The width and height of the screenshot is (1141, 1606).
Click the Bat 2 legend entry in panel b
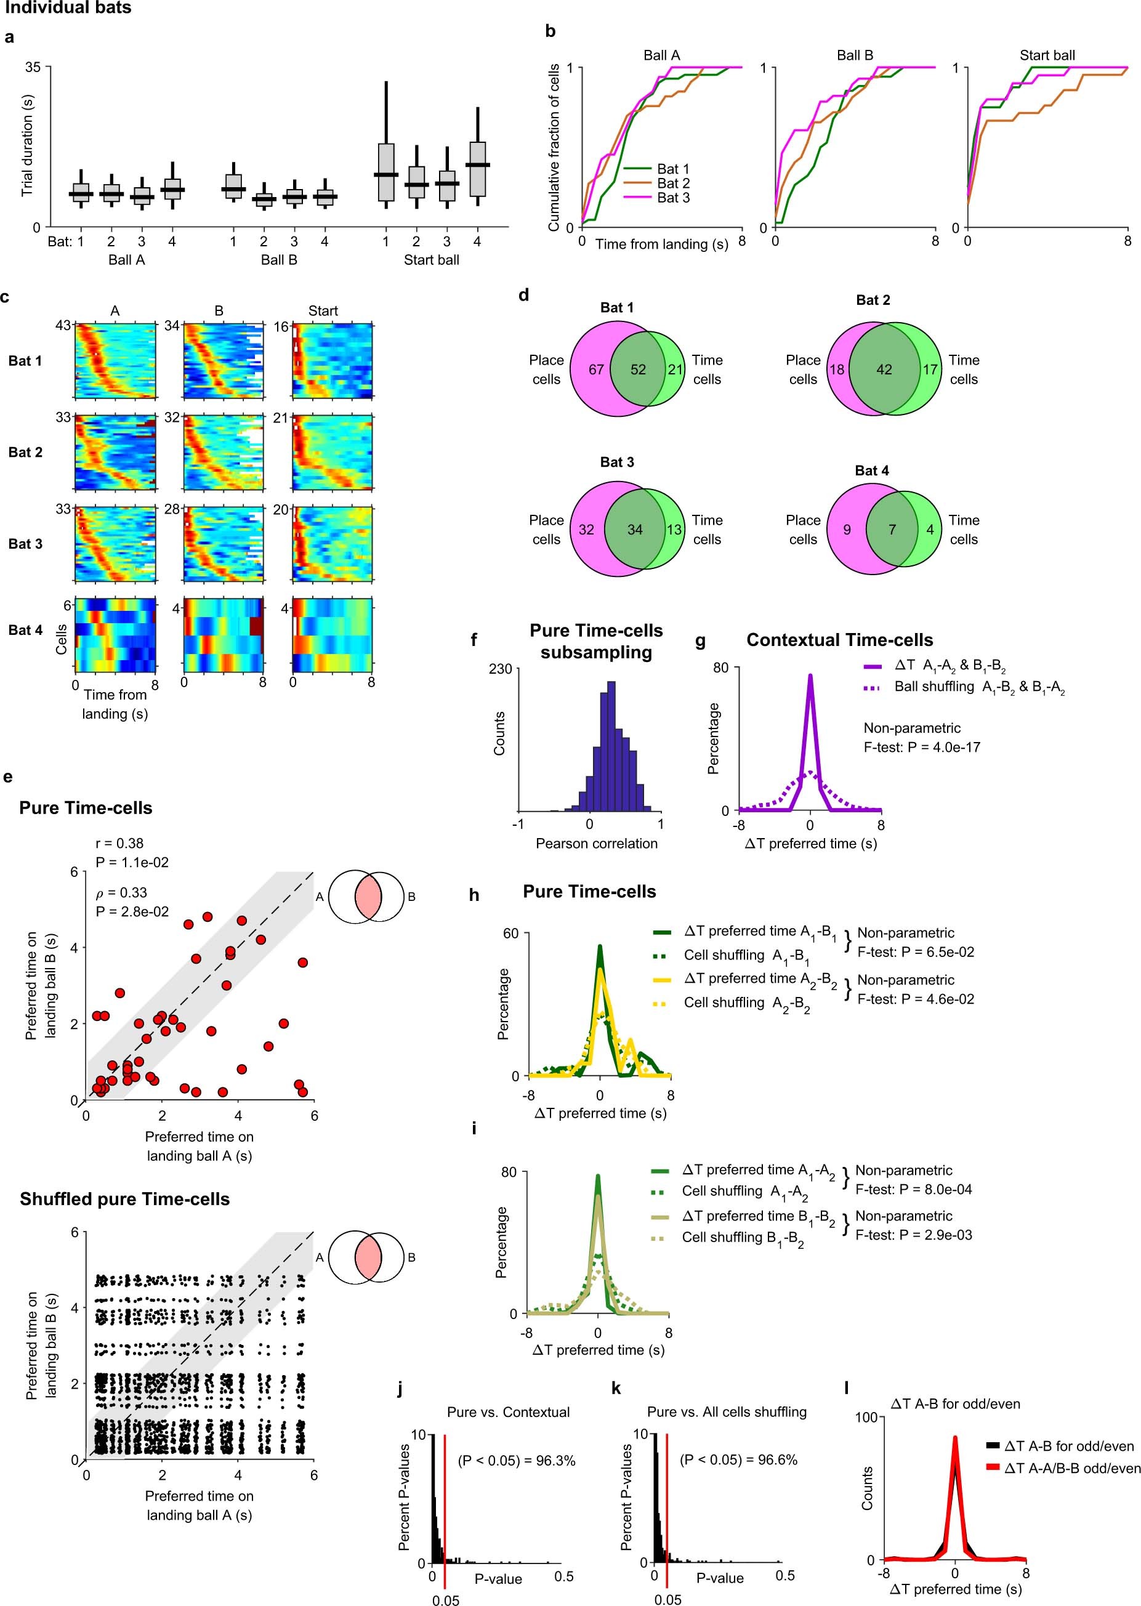(673, 184)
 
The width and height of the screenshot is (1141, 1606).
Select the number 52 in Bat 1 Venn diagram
(638, 369)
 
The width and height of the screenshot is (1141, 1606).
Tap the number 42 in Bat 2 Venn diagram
(884, 369)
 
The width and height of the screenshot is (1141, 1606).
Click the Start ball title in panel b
(1047, 55)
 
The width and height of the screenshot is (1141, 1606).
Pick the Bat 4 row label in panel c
(25, 630)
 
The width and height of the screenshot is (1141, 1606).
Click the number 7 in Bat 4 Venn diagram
(892, 530)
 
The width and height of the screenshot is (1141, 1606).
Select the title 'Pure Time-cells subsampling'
(596, 642)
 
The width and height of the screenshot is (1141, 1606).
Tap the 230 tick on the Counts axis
(500, 669)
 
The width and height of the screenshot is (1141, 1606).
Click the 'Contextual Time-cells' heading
(840, 640)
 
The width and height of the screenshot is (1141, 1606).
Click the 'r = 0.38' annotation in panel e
(119, 843)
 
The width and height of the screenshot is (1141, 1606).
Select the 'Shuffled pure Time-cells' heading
(124, 1199)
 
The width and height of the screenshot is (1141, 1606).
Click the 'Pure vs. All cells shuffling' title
(727, 1412)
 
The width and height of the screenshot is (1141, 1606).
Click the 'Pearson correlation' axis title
(597, 844)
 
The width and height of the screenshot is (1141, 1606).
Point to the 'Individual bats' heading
(68, 9)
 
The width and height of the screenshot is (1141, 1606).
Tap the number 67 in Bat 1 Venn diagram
(596, 369)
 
